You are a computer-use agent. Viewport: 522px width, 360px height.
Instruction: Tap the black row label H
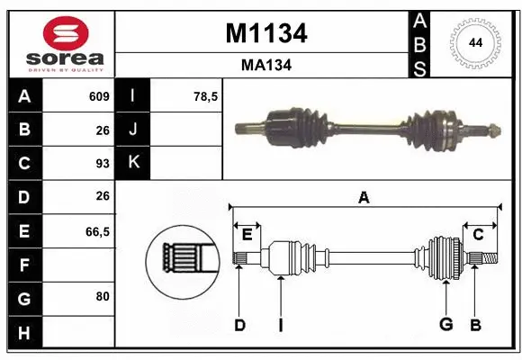point(24,333)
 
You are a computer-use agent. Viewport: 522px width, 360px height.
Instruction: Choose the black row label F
point(24,265)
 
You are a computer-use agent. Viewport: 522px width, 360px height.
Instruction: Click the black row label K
point(134,163)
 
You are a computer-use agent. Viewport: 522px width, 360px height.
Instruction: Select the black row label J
point(134,130)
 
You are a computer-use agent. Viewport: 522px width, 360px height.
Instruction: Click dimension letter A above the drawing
point(364,197)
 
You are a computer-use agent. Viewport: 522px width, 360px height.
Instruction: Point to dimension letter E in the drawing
point(247,235)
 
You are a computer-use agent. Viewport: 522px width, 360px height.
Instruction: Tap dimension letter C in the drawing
point(479,235)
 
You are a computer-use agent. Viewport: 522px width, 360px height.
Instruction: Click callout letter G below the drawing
point(445,325)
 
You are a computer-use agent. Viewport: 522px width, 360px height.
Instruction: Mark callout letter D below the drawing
point(239,325)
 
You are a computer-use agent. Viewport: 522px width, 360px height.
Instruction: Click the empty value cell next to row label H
point(78,333)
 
